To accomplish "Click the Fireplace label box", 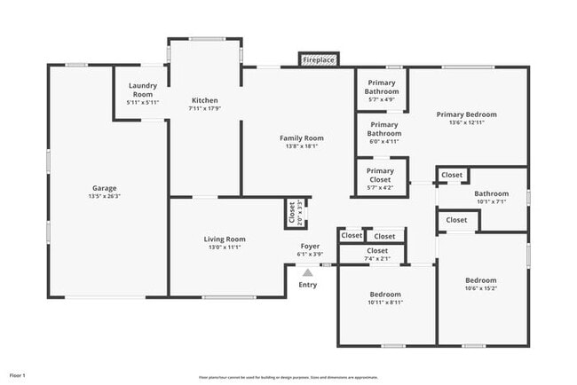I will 319,60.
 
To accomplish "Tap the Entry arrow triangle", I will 307,273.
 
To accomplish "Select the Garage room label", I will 105,188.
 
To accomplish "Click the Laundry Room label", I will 142,90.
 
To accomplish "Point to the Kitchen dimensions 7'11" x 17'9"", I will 205,109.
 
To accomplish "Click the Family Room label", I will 301,137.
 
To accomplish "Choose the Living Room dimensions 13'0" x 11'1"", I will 225,248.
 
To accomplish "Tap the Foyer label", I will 310,246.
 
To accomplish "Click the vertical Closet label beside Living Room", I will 291,213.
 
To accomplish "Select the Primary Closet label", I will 380,175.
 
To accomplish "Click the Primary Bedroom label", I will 466,114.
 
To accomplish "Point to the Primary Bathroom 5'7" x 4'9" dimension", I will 382,100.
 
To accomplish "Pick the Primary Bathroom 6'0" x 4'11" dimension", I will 384,141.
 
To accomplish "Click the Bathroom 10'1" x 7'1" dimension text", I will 491,202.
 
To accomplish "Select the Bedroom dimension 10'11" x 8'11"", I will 384,302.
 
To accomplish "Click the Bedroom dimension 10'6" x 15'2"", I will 480,287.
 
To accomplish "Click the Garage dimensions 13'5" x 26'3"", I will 105,197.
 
